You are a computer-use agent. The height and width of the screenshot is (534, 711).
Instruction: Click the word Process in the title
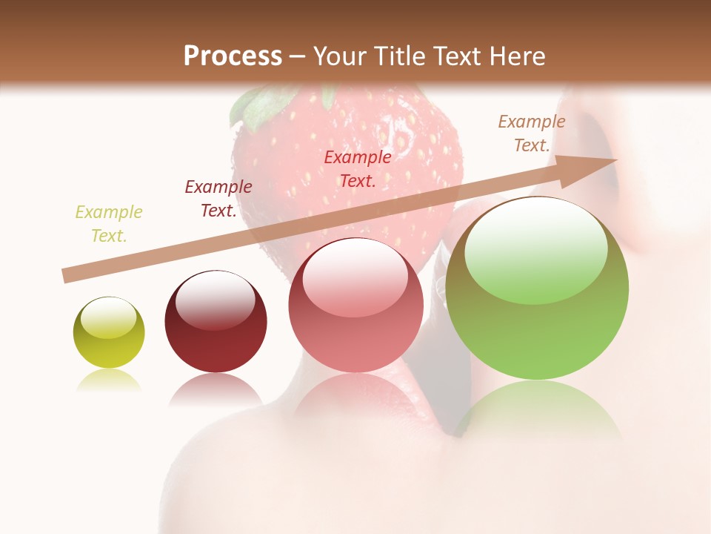tap(233, 56)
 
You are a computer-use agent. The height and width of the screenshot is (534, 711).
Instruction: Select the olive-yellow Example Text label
tap(109, 224)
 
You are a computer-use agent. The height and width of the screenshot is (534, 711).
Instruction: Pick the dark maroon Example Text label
tap(218, 199)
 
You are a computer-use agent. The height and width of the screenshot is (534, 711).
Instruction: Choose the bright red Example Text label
tap(358, 169)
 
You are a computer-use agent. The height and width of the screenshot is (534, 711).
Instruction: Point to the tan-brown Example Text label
tap(532, 133)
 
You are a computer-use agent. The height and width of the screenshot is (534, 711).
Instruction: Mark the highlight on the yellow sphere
tap(109, 317)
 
